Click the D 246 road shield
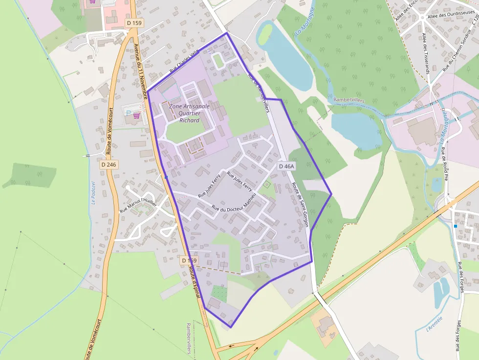109,165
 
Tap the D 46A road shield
286,167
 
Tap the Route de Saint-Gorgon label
300,205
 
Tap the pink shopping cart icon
137,116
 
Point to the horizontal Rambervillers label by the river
349,100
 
